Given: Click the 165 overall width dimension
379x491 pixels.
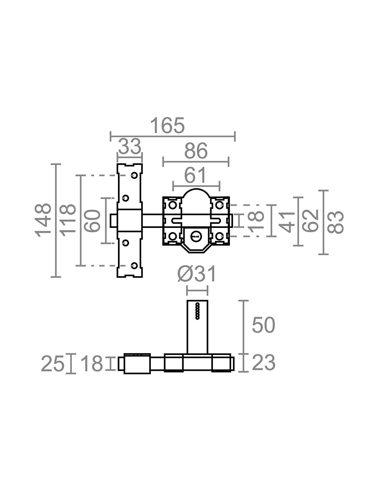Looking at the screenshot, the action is pyautogui.click(x=167, y=125).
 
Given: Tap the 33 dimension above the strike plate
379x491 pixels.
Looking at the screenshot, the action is pyautogui.click(x=130, y=146).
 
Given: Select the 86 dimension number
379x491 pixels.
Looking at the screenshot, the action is pyautogui.click(x=196, y=151).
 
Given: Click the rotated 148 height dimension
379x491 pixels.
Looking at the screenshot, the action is pyautogui.click(x=43, y=220).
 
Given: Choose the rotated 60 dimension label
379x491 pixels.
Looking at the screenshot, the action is pyautogui.click(x=92, y=221).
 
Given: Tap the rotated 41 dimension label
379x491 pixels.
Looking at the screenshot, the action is pyautogui.click(x=287, y=222).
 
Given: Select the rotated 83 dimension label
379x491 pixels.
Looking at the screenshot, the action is pyautogui.click(x=336, y=222).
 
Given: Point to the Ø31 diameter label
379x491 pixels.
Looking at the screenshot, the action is pyautogui.click(x=197, y=274).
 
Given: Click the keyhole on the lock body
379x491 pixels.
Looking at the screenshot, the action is pyautogui.click(x=195, y=236).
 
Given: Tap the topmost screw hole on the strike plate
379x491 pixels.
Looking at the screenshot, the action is pyautogui.click(x=135, y=175).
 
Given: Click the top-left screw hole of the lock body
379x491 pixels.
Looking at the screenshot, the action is pyautogui.click(x=173, y=205).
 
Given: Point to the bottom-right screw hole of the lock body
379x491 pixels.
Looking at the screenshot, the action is pyautogui.click(x=219, y=236).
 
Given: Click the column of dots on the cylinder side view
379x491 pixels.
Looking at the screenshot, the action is pyautogui.click(x=197, y=311).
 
